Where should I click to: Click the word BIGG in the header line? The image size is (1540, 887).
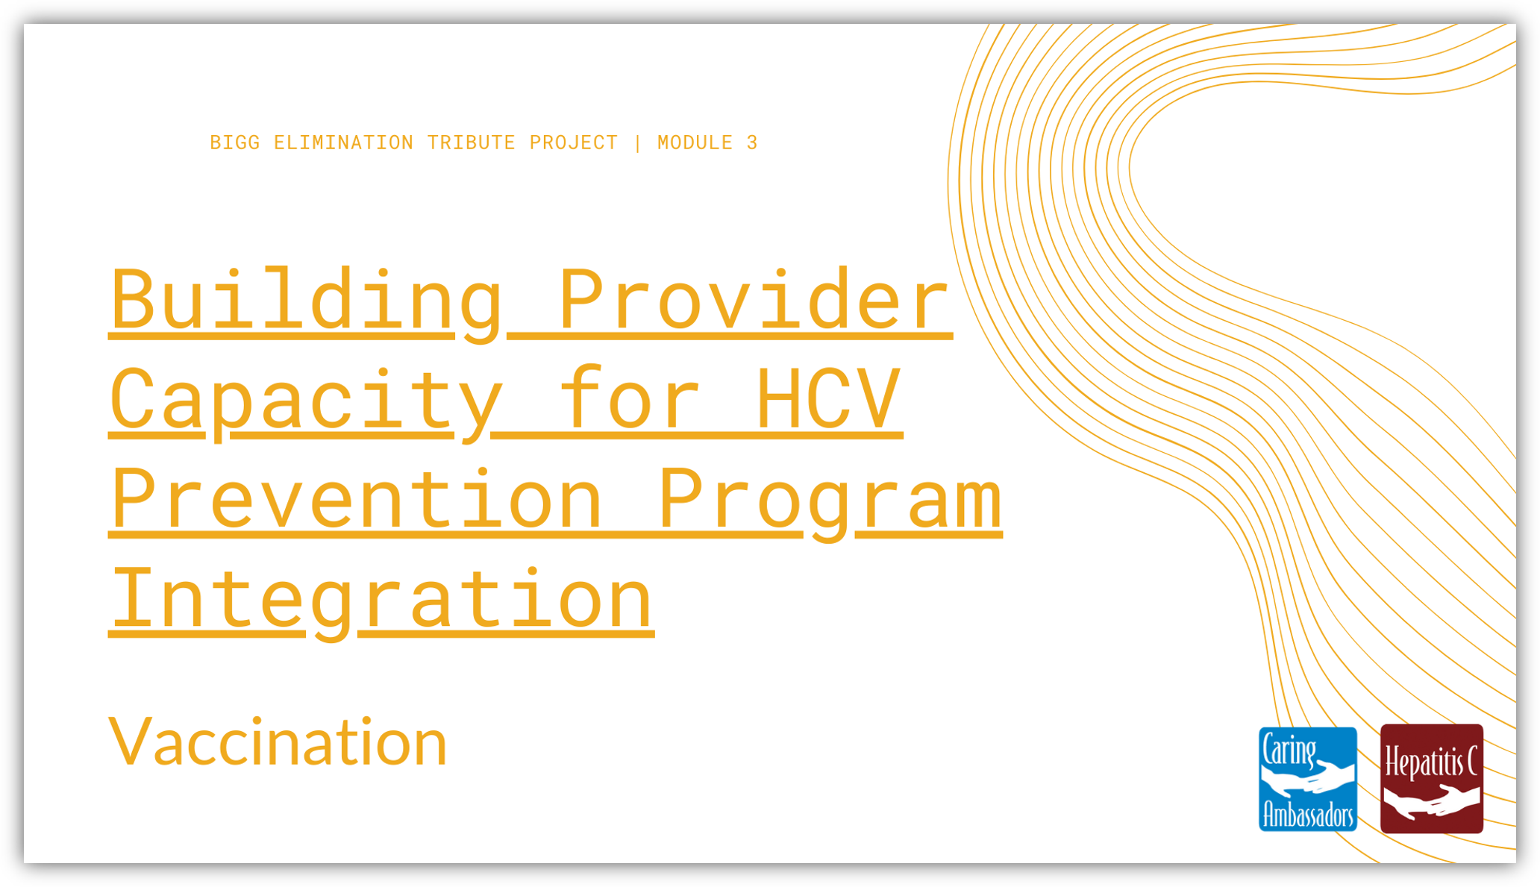[235, 142]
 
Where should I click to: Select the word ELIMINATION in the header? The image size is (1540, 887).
[343, 142]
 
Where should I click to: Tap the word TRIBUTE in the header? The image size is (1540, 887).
[471, 142]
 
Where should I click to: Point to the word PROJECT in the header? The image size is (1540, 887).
[574, 142]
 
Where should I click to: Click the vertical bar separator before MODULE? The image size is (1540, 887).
[638, 142]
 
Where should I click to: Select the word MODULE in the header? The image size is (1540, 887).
[695, 142]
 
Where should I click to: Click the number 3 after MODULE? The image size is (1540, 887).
[752, 142]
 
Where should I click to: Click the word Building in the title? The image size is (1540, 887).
[307, 302]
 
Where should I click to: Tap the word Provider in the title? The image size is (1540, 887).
[754, 298]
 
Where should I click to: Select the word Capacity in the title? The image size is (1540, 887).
[307, 403]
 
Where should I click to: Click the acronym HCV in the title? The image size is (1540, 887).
[828, 399]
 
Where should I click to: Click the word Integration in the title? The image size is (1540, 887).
[381, 601]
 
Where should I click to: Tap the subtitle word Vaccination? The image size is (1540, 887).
[278, 742]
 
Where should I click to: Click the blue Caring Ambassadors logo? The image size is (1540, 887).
[1307, 779]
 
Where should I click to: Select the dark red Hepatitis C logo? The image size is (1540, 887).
[1431, 778]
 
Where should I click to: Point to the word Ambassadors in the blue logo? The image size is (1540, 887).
[1307, 815]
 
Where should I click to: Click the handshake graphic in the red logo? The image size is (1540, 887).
[1430, 802]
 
